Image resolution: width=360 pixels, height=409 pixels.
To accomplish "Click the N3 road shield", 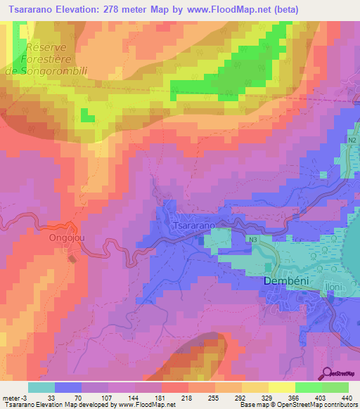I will click(253, 239).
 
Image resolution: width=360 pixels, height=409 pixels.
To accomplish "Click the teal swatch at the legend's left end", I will click(41, 387).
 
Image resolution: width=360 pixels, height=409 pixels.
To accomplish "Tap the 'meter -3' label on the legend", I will click(14, 398).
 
